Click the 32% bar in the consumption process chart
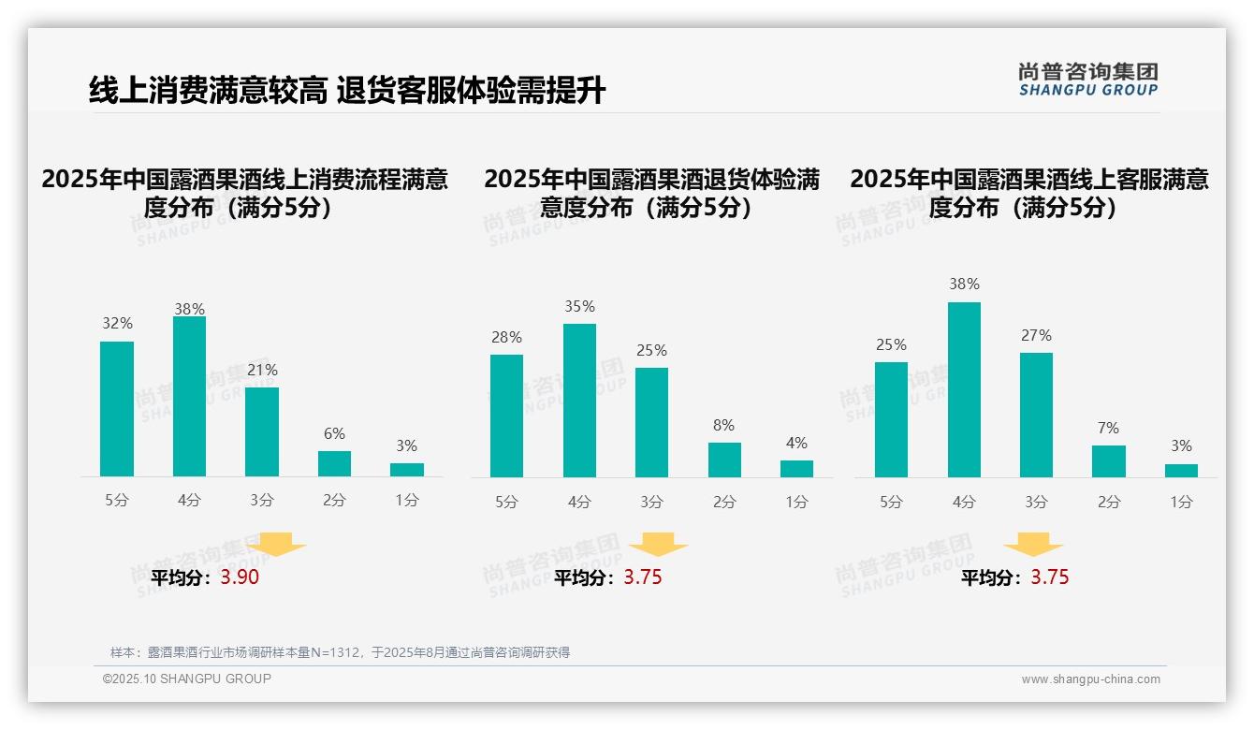point(117,409)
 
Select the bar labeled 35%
point(579,401)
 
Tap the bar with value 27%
point(1036,415)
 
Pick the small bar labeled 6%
point(334,463)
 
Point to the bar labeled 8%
point(724,460)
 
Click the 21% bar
point(262,431)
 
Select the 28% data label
point(506,337)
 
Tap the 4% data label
point(796,443)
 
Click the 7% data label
point(1108,428)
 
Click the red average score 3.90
point(240,577)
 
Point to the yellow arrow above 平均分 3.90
point(276,544)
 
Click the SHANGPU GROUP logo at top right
point(1087,80)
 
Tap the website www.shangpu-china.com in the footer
point(1090,679)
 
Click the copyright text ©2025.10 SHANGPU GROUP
point(187,679)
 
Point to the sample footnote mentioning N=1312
point(340,652)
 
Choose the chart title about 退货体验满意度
point(651,193)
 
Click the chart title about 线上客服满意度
point(1028,193)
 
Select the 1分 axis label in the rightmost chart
point(1181,502)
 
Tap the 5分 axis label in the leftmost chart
point(117,500)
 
